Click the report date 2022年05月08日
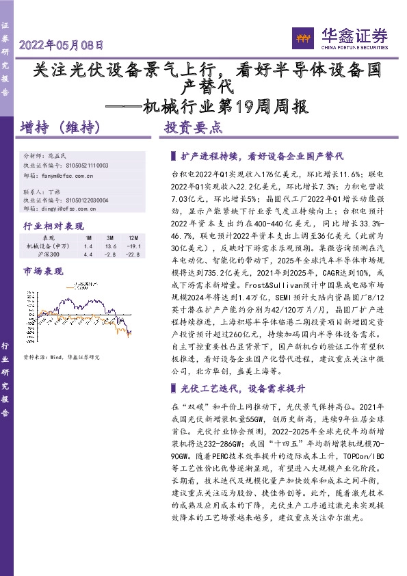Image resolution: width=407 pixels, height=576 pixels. pos(62,47)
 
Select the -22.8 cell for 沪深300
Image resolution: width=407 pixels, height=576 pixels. pos(133,254)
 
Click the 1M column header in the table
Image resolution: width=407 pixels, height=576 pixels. pos(88,237)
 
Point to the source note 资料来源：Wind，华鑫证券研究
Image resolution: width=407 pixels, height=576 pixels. pos(62,356)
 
